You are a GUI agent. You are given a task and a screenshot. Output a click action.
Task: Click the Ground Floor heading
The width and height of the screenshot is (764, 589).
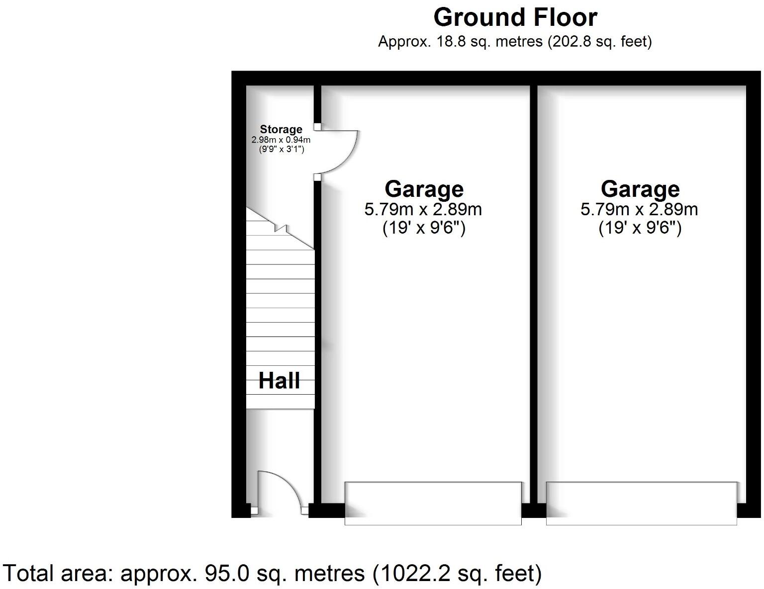click(515, 17)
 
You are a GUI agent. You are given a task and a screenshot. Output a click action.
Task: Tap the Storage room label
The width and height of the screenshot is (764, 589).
click(281, 130)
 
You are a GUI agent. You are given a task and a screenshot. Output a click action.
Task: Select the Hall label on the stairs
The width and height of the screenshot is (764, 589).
click(279, 381)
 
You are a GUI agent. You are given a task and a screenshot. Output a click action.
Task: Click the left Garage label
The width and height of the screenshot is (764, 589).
click(424, 189)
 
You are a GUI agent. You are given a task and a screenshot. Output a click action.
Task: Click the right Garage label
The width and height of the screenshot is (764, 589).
click(640, 189)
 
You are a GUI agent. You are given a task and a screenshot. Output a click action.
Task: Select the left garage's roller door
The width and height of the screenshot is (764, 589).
click(433, 503)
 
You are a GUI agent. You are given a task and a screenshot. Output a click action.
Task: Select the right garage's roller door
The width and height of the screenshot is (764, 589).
click(641, 503)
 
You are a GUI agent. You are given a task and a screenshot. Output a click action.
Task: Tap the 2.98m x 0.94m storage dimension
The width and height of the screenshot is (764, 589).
click(281, 140)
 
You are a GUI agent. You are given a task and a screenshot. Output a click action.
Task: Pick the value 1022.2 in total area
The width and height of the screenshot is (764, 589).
click(419, 574)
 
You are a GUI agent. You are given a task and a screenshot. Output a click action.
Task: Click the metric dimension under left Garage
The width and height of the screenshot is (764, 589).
click(423, 209)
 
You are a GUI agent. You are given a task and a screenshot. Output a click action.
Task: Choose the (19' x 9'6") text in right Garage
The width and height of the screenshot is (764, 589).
click(640, 228)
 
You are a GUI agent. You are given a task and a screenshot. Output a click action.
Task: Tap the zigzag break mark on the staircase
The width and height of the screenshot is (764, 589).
click(282, 229)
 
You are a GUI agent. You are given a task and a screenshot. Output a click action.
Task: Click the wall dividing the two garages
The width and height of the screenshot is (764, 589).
click(534, 293)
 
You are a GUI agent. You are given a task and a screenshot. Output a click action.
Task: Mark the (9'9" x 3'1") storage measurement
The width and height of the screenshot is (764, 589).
click(281, 148)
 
